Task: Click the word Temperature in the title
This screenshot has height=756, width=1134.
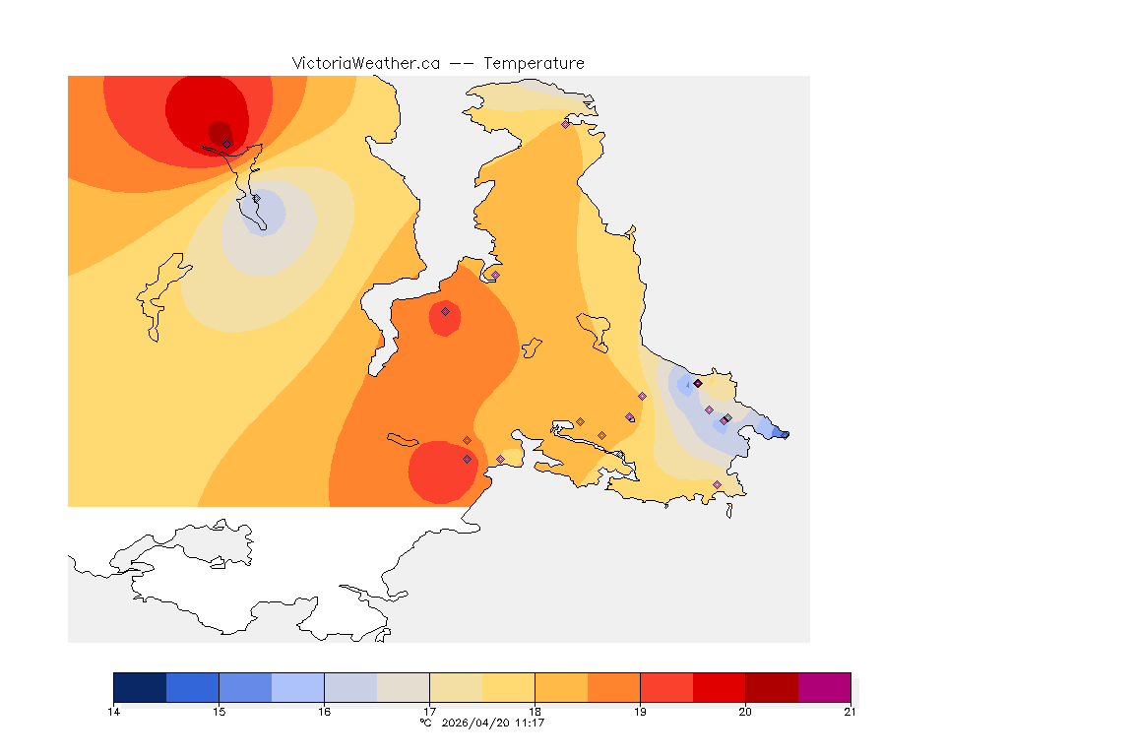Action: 534,63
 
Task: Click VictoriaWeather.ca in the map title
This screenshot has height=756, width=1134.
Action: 365,63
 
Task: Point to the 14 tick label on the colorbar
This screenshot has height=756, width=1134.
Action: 113,711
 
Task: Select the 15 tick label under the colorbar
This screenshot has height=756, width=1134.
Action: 219,711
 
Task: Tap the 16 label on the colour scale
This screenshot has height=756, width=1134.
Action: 324,711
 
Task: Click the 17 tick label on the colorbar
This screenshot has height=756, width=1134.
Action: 429,711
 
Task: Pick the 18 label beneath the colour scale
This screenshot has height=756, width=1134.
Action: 535,711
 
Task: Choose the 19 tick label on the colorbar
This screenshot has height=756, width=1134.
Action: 640,711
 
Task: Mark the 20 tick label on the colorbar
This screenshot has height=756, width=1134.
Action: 745,711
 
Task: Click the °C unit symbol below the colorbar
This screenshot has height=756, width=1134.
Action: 425,723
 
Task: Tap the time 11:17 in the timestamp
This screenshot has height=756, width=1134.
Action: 530,723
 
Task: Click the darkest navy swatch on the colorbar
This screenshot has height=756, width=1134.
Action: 140,687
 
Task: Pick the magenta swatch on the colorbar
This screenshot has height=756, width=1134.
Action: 824,687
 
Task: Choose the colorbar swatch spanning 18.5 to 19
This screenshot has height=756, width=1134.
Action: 613,687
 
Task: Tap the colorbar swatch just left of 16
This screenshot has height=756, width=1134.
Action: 297,687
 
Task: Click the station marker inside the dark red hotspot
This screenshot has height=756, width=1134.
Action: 226,144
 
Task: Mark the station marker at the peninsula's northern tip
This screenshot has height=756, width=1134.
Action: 565,124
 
